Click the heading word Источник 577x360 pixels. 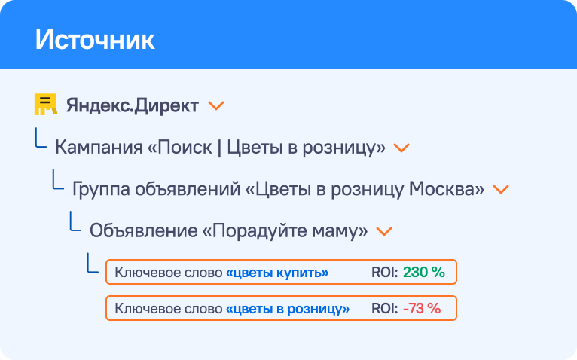click(95, 39)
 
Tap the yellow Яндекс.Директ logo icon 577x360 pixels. click(46, 104)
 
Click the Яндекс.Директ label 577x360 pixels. click(133, 106)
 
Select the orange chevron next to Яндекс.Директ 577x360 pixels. click(216, 106)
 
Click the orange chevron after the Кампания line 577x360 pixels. click(401, 148)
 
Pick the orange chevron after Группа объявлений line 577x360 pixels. click(501, 190)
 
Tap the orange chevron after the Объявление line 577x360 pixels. click(384, 231)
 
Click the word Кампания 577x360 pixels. click(99, 148)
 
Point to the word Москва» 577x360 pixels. click(447, 189)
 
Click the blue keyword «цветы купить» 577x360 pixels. click(277, 273)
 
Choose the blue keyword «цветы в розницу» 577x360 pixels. click(288, 309)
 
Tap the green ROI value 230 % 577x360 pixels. click(424, 272)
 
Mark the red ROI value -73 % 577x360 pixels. click(422, 308)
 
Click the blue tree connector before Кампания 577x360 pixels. click(41, 138)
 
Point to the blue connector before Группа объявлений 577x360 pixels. click(58, 180)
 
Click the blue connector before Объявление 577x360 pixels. click(75, 221)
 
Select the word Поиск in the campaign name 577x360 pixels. click(185, 148)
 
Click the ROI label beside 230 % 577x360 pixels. click(385, 272)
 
